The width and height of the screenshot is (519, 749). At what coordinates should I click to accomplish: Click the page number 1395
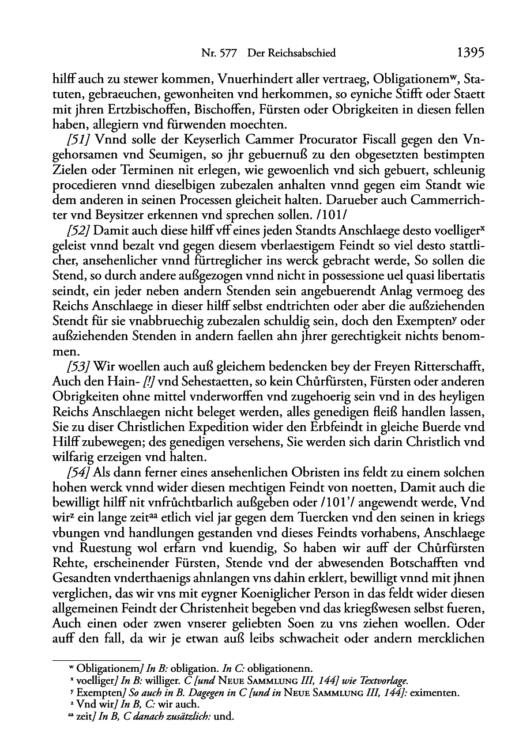click(469, 53)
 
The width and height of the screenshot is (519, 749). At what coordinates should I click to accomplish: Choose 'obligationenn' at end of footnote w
click(283, 669)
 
